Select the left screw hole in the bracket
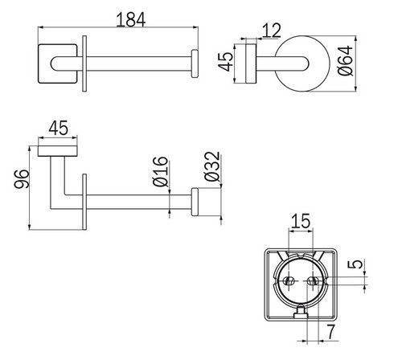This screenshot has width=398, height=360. pos(289,282)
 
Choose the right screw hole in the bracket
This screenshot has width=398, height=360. pos(313,282)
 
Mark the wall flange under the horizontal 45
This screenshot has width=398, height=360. pos(58,153)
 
